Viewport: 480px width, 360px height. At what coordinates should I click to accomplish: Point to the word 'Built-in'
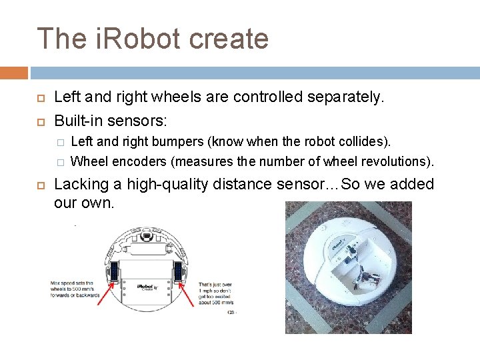point(79,121)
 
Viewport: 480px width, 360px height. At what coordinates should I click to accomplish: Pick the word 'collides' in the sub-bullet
point(366,141)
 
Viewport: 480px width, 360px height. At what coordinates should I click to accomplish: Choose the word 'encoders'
point(139,161)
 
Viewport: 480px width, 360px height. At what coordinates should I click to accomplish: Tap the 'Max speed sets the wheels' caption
point(75,290)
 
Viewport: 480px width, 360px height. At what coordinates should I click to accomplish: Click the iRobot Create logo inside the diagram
point(147,288)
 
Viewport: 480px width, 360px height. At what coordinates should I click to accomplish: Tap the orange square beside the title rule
point(14,73)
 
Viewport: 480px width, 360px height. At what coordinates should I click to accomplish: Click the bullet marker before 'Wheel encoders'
point(60,162)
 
